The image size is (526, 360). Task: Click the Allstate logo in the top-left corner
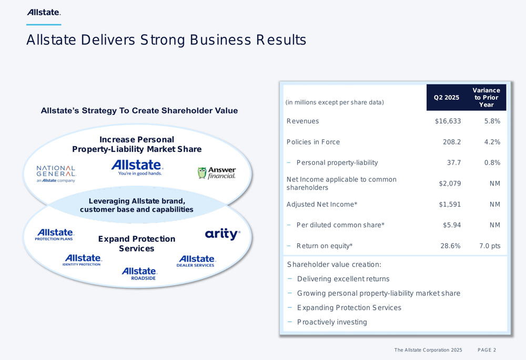[44, 13]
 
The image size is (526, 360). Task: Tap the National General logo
[56, 173]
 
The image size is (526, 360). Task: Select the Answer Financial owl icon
[201, 173]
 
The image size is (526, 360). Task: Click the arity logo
[222, 234]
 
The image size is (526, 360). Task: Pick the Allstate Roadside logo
[139, 273]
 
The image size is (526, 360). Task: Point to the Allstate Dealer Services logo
[196, 261]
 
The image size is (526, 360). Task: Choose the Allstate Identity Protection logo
[82, 260]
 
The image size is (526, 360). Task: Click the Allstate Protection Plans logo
[54, 234]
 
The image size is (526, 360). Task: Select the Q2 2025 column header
[447, 98]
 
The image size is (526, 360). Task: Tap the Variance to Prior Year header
[486, 98]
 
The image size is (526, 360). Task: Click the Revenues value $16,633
[448, 121]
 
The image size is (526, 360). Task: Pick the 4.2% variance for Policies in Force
[492, 142]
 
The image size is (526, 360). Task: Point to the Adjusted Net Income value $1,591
[450, 204]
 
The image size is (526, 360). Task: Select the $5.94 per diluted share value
[452, 225]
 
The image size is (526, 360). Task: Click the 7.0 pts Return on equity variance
[490, 246]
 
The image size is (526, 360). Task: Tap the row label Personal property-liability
[337, 162]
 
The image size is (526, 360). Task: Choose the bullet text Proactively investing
[332, 322]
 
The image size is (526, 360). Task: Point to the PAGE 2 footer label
[487, 350]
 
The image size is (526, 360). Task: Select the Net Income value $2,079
[450, 183]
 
